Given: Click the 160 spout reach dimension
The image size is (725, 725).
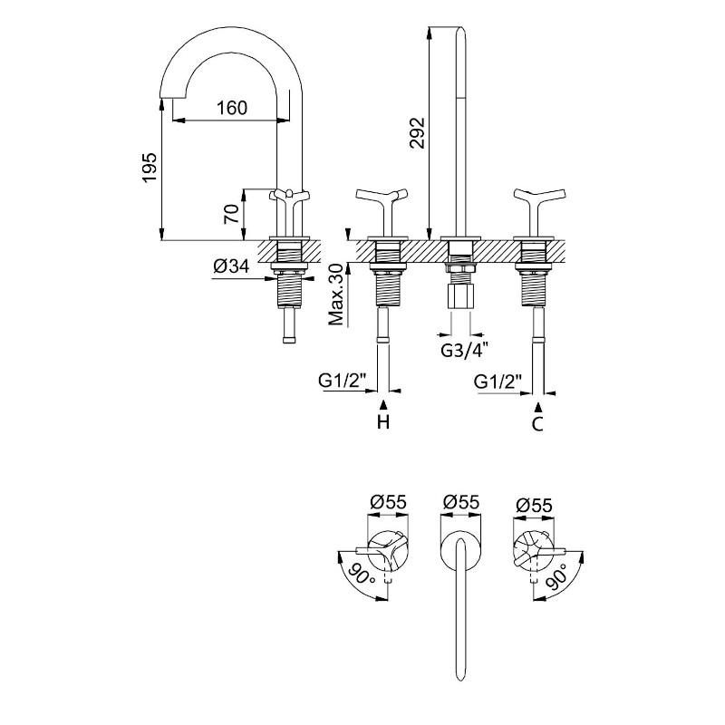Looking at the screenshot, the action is (232, 108).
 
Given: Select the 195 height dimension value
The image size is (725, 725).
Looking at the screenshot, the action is (150, 167).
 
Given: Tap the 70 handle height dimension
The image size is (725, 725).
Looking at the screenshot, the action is (232, 214).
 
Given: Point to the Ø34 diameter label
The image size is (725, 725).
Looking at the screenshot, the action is (231, 266).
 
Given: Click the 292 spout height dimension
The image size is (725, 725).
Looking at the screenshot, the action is (417, 132).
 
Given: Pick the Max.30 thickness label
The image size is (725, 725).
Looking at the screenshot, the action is (336, 294).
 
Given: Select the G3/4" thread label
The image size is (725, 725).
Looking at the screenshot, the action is (464, 352).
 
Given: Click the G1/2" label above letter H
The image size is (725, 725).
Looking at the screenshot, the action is (343, 381).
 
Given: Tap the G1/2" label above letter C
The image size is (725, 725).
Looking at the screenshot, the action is (498, 382).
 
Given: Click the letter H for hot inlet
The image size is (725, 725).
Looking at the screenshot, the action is (383, 421).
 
